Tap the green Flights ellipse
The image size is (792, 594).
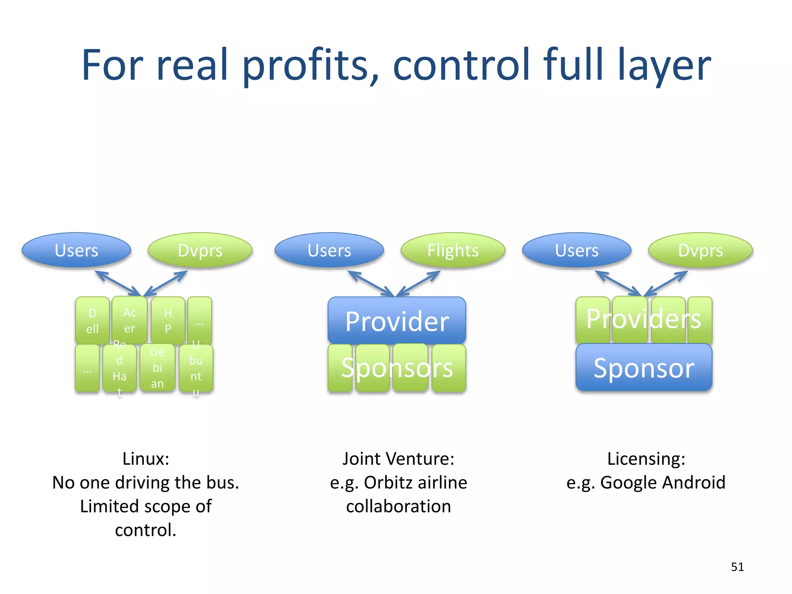click(453, 250)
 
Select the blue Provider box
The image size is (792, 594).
click(397, 321)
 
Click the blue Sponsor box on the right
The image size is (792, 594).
click(643, 367)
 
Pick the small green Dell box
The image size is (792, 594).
click(92, 321)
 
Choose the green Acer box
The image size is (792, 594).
click(130, 321)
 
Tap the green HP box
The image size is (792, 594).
click(168, 321)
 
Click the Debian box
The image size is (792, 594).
click(157, 367)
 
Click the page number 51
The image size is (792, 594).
click(737, 567)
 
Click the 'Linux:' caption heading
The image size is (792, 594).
click(146, 459)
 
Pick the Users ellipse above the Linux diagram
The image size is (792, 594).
click(77, 250)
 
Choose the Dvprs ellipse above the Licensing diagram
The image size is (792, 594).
click(700, 250)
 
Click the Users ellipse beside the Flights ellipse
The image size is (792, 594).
click(329, 250)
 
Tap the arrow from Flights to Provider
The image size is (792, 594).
click(419, 283)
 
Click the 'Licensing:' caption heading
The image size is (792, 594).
click(646, 459)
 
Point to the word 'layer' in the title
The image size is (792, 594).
click(664, 65)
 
